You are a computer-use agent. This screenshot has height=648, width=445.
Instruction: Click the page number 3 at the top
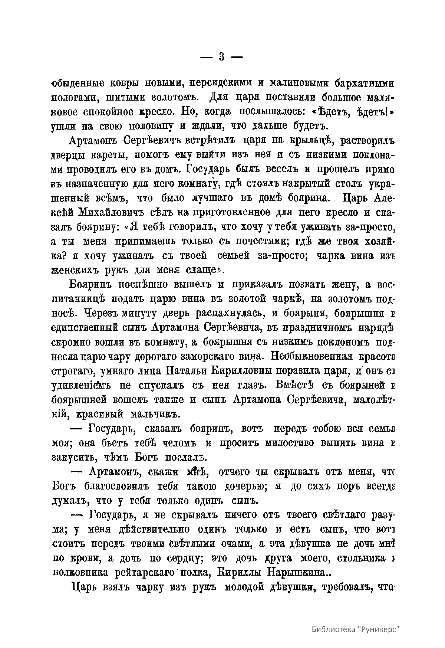pos(221,58)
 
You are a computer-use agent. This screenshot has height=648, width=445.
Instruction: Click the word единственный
pos(89,328)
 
